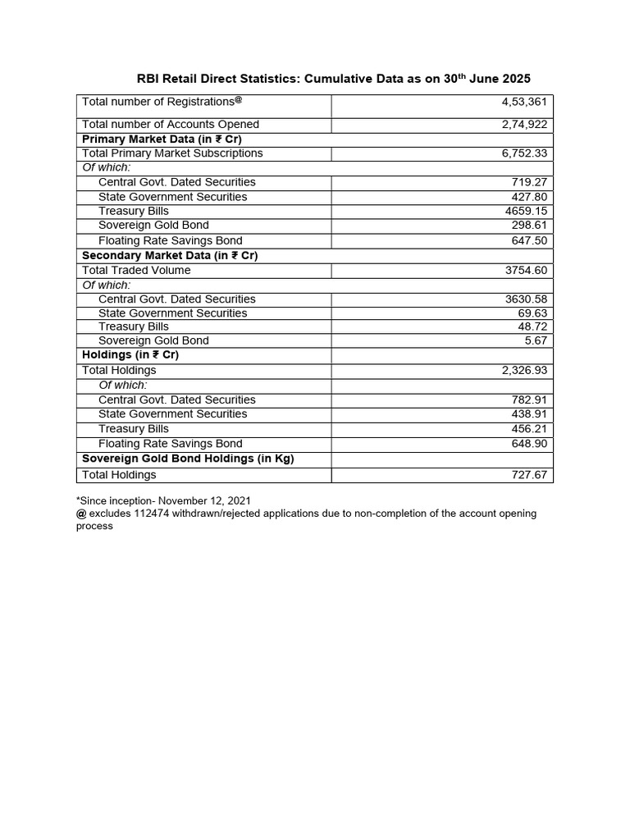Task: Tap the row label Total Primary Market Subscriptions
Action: click(x=172, y=153)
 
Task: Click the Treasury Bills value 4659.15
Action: click(x=527, y=211)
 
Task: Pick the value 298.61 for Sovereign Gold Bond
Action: click(x=531, y=226)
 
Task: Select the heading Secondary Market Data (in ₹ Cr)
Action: click(x=170, y=255)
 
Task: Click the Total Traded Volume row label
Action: click(x=136, y=270)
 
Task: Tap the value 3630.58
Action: click(x=527, y=299)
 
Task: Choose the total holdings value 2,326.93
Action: click(x=525, y=371)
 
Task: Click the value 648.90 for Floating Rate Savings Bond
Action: click(x=531, y=444)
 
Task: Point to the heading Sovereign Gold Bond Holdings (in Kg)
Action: click(x=188, y=459)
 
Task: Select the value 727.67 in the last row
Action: click(x=531, y=475)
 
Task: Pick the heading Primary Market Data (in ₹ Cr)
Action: click(x=162, y=139)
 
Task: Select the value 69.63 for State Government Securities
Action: click(x=534, y=313)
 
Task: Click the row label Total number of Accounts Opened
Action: click(x=171, y=125)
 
